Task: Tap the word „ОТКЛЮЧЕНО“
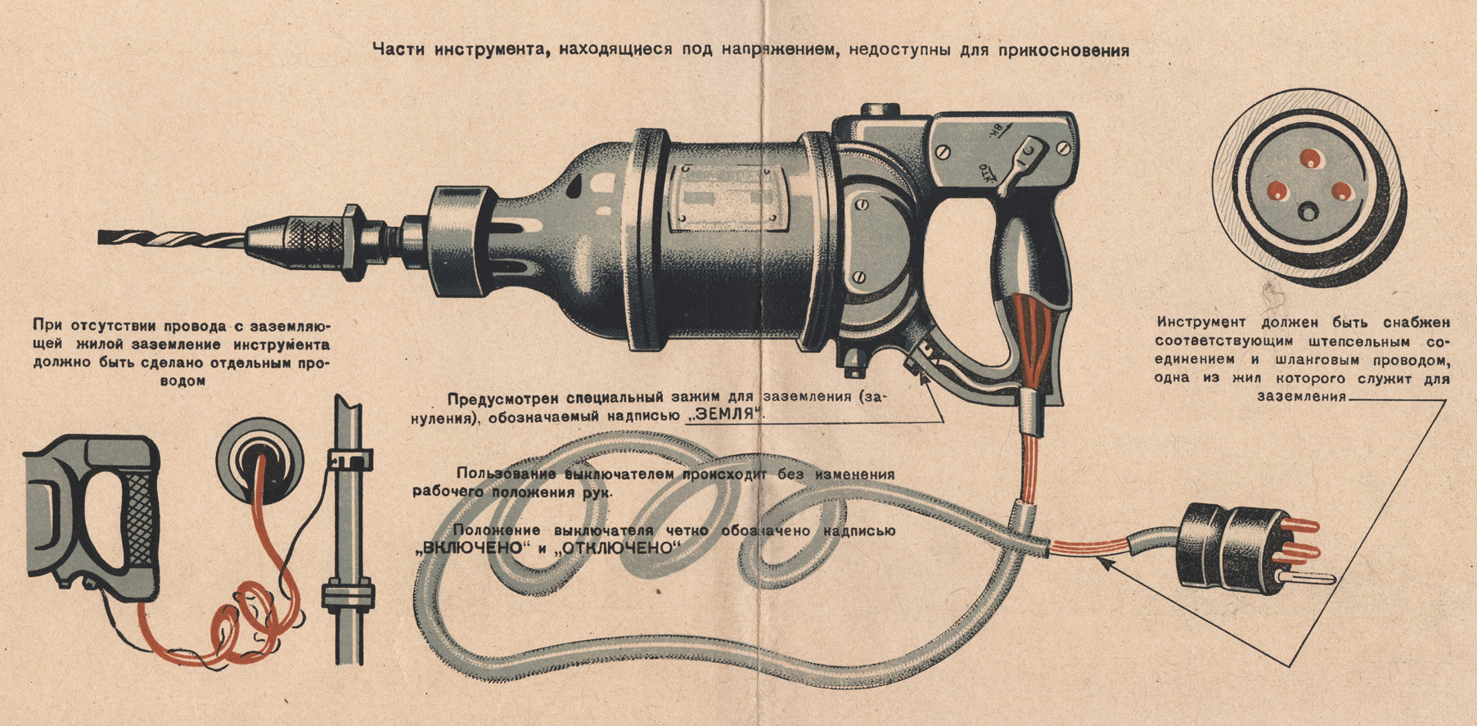coord(618,548)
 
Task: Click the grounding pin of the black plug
coord(1301,577)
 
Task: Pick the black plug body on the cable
coord(1214,545)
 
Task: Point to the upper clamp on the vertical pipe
coord(350,459)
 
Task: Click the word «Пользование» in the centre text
coord(507,474)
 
